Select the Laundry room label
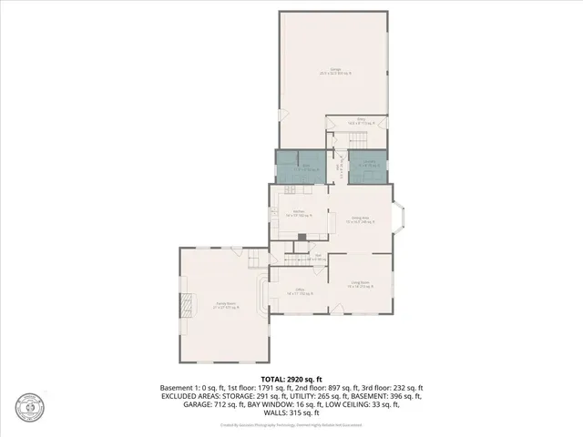[x=367, y=165]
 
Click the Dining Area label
[x=360, y=219]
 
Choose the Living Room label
[x=359, y=284]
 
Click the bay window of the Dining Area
[x=402, y=218]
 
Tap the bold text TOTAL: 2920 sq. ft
[x=291, y=378]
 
